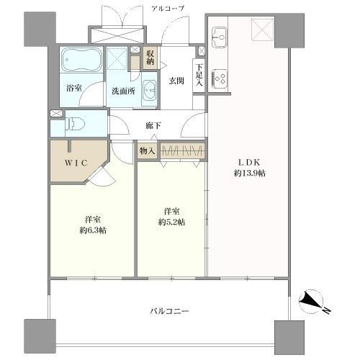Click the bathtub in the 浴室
(81, 60)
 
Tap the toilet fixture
(75, 124)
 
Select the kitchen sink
(219, 37)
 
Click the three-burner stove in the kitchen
(220, 78)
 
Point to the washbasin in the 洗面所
(150, 90)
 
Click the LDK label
(249, 163)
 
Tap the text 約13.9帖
(250, 173)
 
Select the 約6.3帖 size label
(93, 230)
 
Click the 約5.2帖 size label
(171, 222)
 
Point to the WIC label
(76, 163)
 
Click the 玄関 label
(176, 81)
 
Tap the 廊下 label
(153, 125)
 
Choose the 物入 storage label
(147, 151)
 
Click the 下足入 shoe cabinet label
(199, 75)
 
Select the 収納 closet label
(150, 58)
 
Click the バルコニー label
(170, 312)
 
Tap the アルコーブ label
(168, 9)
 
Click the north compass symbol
(312, 302)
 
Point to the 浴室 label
(74, 88)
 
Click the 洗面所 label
(123, 91)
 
